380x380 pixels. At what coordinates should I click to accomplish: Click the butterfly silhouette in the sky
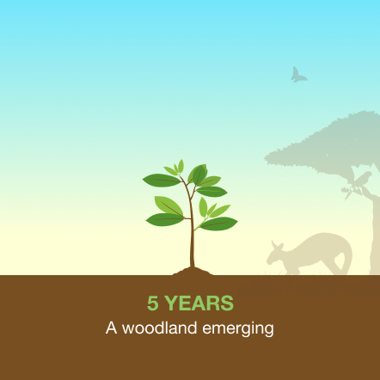[298, 76]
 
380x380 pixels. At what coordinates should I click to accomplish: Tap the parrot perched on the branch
[362, 178]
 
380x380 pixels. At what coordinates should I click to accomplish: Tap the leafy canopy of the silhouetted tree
[327, 144]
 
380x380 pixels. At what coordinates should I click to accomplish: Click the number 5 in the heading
[153, 303]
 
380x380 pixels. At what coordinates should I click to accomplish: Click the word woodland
[159, 328]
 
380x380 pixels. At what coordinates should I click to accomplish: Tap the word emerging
[238, 328]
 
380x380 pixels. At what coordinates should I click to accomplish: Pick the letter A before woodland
[111, 328]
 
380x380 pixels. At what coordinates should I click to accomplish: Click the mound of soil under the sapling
[193, 271]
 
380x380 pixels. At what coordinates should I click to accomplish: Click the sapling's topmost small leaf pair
[178, 167]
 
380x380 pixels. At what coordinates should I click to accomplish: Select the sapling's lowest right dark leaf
[218, 224]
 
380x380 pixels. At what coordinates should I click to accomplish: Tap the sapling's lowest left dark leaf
[165, 219]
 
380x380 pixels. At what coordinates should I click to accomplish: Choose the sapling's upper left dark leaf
[162, 181]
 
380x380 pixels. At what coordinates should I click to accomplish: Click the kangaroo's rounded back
[324, 238]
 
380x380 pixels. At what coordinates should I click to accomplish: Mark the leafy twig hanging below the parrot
[350, 192]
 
